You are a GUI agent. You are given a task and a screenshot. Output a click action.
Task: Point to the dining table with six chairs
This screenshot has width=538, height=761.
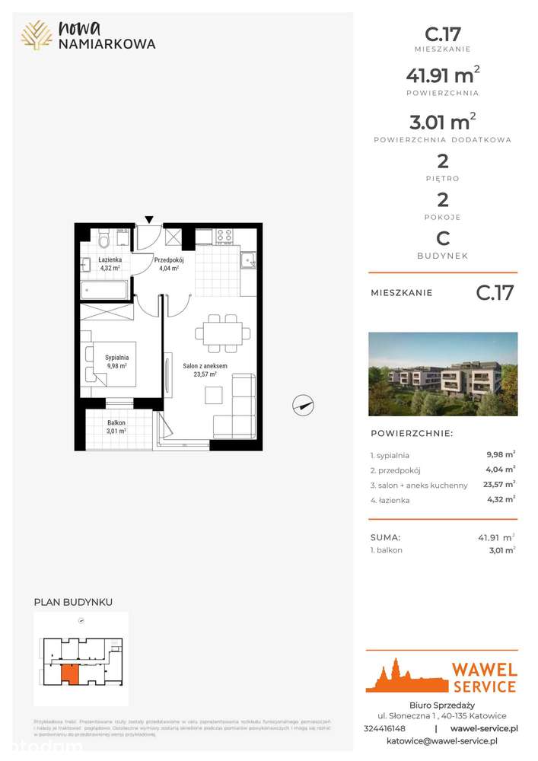pyautogui.click(x=222, y=333)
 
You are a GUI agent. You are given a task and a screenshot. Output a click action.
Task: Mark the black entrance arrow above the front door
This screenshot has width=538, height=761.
pyautogui.click(x=149, y=220)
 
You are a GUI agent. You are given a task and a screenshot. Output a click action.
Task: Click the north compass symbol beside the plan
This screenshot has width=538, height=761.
pyautogui.click(x=303, y=406)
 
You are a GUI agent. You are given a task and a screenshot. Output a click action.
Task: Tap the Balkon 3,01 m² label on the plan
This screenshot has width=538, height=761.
pyautogui.click(x=116, y=426)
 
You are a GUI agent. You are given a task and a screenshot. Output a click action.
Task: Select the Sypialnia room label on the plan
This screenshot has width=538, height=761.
pyautogui.click(x=116, y=360)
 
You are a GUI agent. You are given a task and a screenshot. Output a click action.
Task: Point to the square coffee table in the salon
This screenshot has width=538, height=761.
pyautogui.click(x=215, y=395)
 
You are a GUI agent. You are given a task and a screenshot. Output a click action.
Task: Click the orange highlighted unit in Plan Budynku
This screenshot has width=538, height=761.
pyautogui.click(x=69, y=673)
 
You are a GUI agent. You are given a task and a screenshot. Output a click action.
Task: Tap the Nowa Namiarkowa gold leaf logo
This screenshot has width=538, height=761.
pyautogui.click(x=36, y=35)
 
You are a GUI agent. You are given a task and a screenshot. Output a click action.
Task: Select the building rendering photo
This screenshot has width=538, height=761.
pyautogui.click(x=443, y=374)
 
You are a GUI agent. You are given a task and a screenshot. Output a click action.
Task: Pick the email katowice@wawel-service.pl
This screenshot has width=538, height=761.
pyautogui.click(x=442, y=740)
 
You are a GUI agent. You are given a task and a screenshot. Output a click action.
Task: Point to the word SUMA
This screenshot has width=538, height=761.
pyautogui.click(x=385, y=537)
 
